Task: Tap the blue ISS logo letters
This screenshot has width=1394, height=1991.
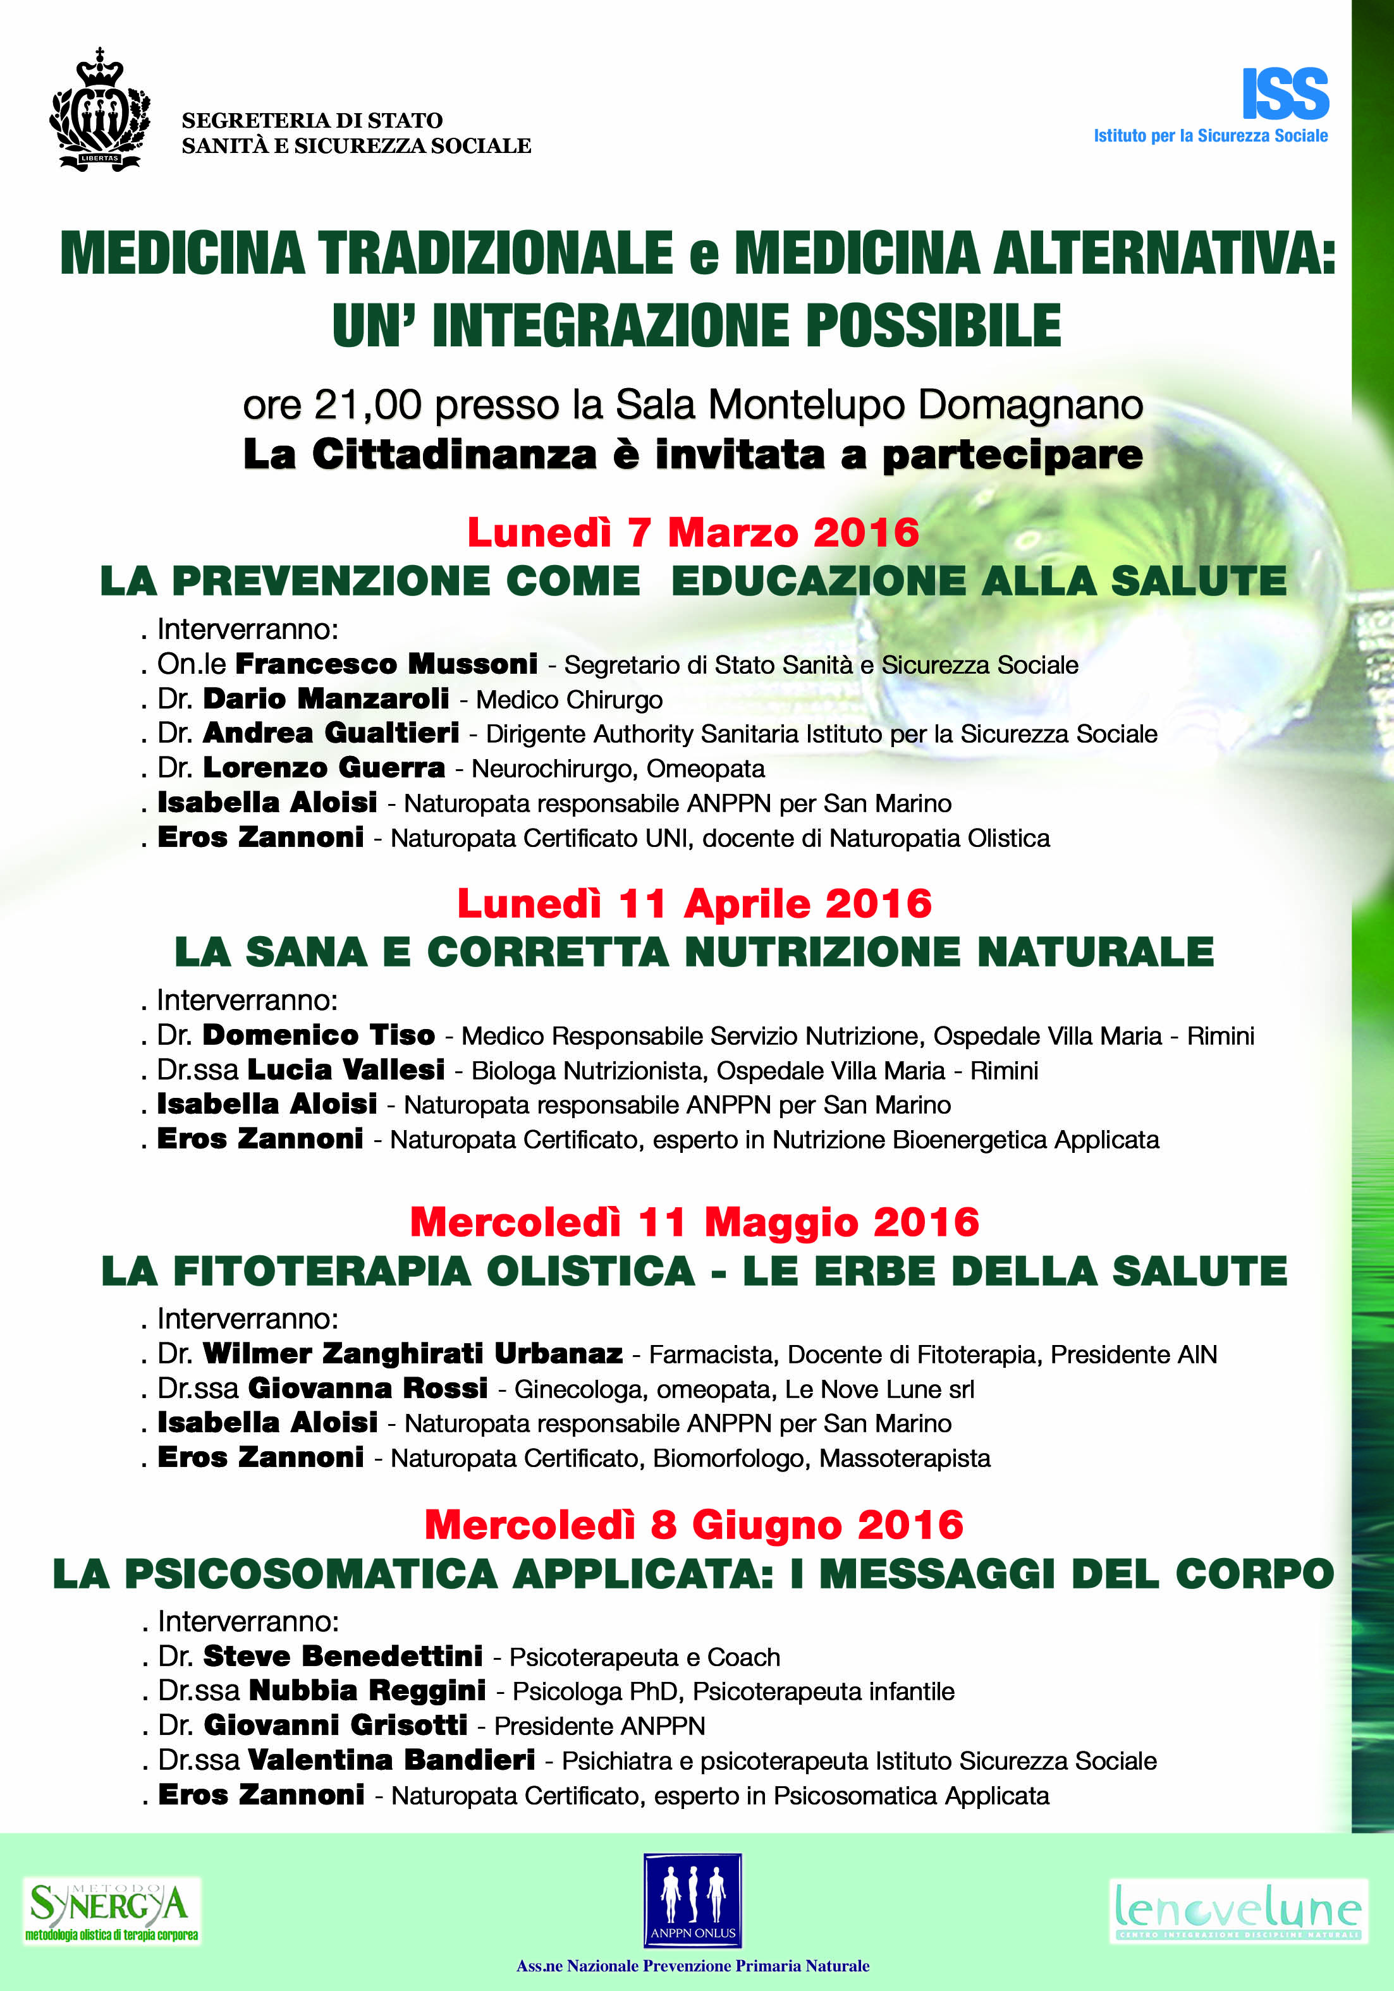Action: click(x=1285, y=94)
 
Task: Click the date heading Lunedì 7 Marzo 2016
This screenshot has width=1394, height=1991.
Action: click(x=692, y=532)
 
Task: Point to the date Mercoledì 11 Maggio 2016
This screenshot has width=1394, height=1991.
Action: click(x=694, y=1222)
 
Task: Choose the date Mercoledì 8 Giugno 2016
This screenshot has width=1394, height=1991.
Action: click(x=694, y=1525)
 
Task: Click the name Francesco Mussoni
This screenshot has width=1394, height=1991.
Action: click(x=386, y=664)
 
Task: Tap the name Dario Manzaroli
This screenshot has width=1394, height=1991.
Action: click(x=326, y=699)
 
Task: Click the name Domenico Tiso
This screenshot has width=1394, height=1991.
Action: click(x=319, y=1035)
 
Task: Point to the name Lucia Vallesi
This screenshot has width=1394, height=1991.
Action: click(x=346, y=1070)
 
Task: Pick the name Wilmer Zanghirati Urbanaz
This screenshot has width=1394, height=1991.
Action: click(x=413, y=1354)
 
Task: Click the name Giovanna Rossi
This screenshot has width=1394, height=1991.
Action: click(x=368, y=1388)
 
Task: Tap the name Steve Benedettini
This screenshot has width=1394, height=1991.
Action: click(x=343, y=1656)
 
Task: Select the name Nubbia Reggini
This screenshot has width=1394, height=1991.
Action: click(x=367, y=1691)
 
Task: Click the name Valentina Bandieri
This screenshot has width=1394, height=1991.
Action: click(x=391, y=1760)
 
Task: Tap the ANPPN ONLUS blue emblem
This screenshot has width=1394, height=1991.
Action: click(x=692, y=1899)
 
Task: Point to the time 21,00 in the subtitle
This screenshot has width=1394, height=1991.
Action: click(x=368, y=405)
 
